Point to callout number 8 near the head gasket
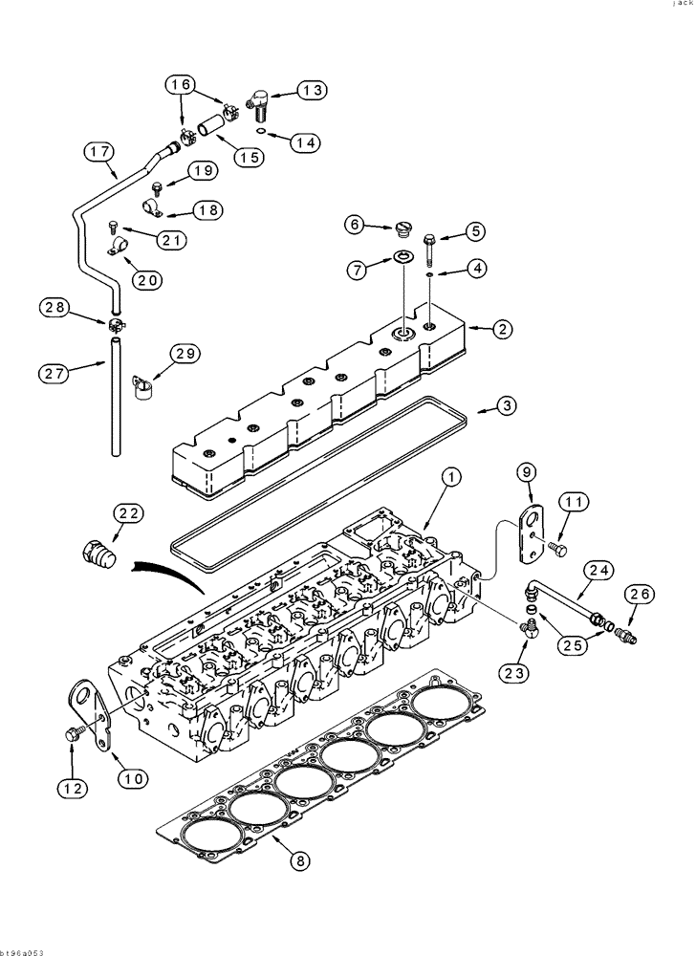300,860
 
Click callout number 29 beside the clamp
185,355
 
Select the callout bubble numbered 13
311,91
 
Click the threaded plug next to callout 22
98,554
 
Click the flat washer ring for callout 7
402,258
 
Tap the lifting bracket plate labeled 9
530,532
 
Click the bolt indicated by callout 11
557,549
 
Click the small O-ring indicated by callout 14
261,133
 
